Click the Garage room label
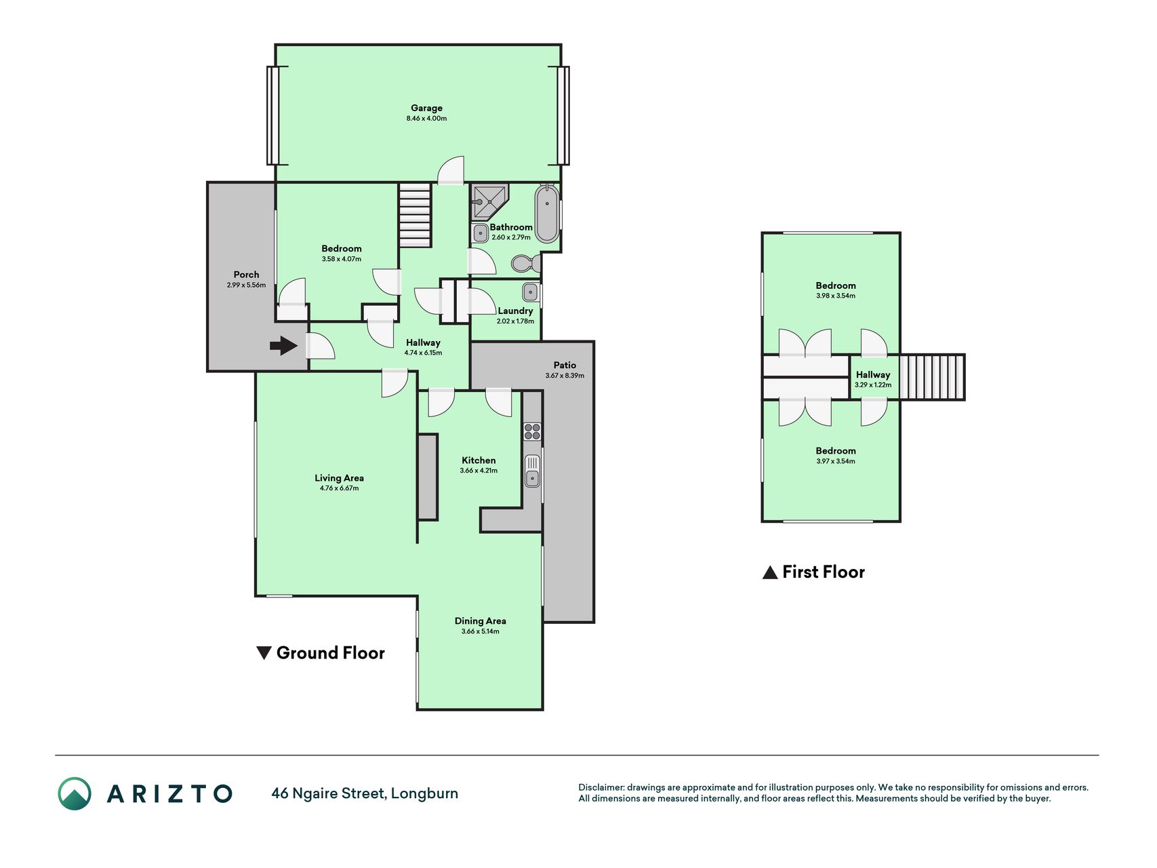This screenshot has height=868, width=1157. (426, 108)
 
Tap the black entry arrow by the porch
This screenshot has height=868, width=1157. (283, 347)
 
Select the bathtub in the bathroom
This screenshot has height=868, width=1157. (547, 214)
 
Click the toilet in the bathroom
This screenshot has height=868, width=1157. (525, 263)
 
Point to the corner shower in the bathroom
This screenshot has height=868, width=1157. (489, 201)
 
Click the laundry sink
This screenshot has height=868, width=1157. (530, 292)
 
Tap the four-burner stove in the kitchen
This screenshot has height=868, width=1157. (532, 431)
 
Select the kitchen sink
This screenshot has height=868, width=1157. (533, 471)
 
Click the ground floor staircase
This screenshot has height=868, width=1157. (415, 215)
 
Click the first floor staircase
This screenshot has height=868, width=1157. (932, 377)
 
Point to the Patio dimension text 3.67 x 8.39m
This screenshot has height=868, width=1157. (565, 376)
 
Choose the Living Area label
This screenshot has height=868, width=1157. (339, 478)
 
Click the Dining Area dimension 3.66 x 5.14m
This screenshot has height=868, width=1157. (481, 631)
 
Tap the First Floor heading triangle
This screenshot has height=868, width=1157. (770, 572)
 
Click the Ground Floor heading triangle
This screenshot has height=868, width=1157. (264, 653)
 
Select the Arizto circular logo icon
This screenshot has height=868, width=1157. (75, 793)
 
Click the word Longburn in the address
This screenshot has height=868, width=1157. (424, 793)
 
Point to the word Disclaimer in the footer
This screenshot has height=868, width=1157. (601, 787)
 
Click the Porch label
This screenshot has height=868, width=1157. (247, 275)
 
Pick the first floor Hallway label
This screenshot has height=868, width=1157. (873, 374)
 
